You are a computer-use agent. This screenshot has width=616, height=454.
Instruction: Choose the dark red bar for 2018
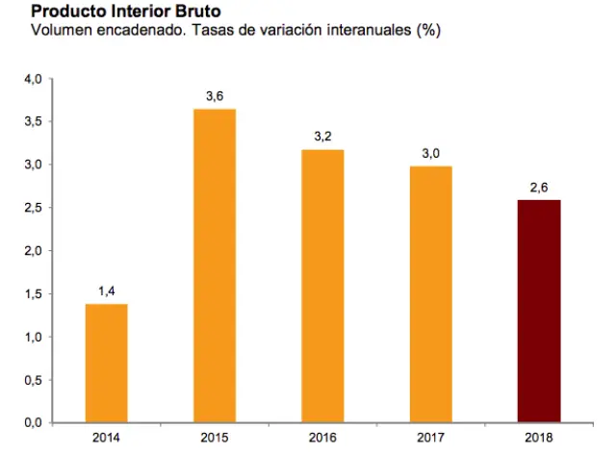click(540, 312)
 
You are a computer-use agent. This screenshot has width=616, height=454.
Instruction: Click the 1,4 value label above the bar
click(106, 290)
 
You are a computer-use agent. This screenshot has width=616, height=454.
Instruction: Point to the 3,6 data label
click(214, 94)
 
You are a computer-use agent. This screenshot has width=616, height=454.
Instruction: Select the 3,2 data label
click(322, 136)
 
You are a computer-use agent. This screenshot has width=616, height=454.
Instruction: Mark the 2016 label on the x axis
click(322, 439)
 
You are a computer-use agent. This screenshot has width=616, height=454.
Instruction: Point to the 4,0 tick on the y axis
click(33, 79)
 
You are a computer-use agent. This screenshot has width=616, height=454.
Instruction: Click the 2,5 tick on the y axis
click(33, 208)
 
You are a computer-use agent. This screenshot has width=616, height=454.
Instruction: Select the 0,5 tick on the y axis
click(33, 380)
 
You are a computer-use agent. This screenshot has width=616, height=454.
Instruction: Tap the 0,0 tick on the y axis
click(33, 423)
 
